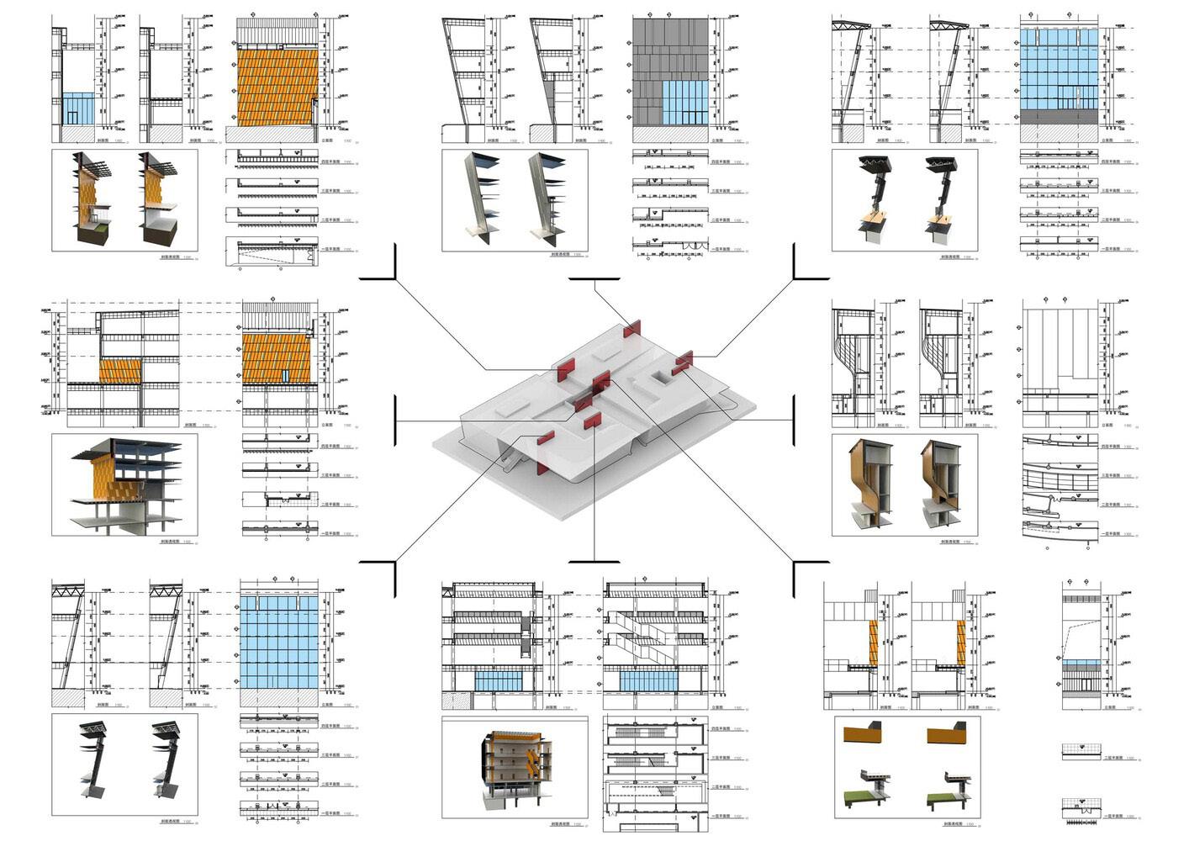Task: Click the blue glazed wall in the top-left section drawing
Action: (x=81, y=109)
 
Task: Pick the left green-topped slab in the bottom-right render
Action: (x=863, y=796)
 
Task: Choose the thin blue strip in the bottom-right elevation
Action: (x=1083, y=664)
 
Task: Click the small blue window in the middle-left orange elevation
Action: (x=286, y=374)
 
